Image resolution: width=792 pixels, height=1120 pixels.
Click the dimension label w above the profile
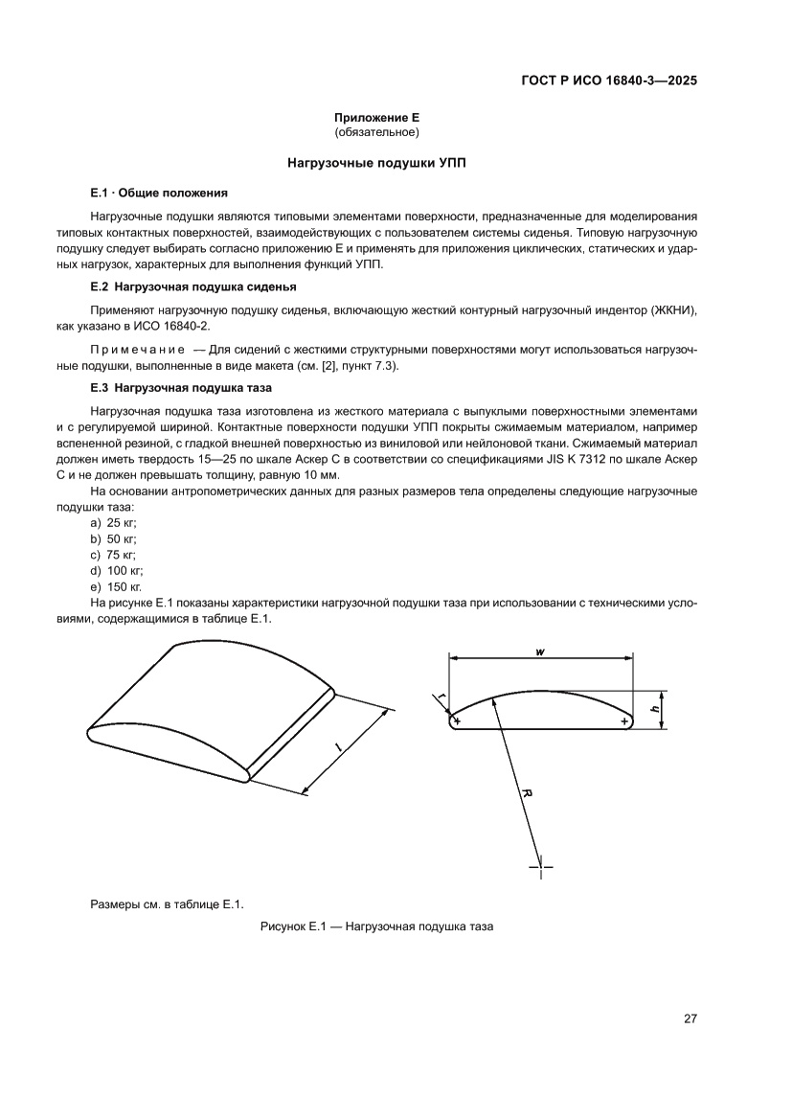[541, 651]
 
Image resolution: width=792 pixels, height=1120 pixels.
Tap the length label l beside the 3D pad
[339, 744]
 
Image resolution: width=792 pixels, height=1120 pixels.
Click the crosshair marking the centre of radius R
[541, 865]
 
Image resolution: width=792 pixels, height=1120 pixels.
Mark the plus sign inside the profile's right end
[623, 720]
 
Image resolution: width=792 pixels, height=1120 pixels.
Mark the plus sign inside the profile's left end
[458, 720]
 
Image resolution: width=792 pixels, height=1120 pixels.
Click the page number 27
[690, 1018]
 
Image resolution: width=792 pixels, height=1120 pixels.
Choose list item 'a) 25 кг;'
[113, 522]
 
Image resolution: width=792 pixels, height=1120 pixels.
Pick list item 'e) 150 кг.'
[116, 586]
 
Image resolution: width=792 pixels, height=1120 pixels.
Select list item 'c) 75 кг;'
[113, 555]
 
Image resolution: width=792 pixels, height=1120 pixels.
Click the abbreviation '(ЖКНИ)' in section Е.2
[671, 311]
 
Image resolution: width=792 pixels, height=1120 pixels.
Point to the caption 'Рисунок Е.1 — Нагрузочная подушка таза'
[376, 927]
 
